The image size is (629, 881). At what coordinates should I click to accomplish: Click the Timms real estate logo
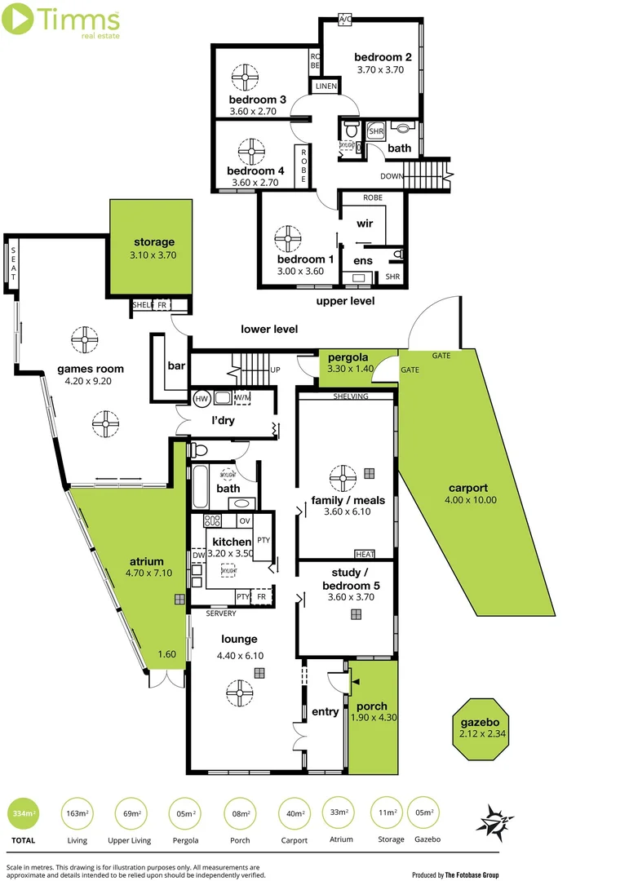(x=62, y=20)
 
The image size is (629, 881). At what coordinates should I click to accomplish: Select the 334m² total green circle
(x=23, y=813)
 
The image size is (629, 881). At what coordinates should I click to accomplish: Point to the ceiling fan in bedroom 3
(x=244, y=78)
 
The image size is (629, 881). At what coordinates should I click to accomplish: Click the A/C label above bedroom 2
(x=345, y=18)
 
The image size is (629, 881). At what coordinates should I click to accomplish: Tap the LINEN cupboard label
(x=325, y=86)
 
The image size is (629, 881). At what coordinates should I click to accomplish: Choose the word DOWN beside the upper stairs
(x=391, y=176)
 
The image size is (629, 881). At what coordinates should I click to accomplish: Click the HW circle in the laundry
(x=202, y=399)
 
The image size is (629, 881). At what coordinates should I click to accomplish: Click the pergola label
(x=348, y=357)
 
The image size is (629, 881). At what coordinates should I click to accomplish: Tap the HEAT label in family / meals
(x=366, y=555)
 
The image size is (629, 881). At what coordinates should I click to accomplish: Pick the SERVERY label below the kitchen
(x=220, y=613)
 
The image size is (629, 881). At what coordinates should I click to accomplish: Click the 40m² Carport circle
(x=295, y=813)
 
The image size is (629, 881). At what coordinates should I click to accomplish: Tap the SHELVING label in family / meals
(x=351, y=396)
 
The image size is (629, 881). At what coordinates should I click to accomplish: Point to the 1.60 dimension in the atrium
(x=166, y=653)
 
